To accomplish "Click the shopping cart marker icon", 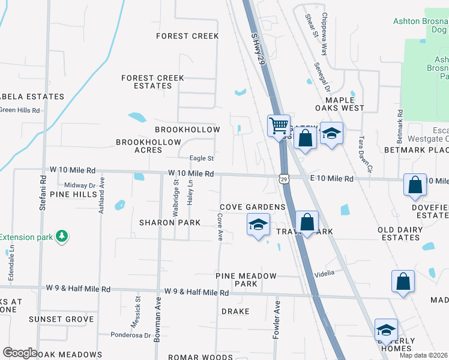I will pyautogui.click(x=279, y=126).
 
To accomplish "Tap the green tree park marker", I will pyautogui.click(x=61, y=236).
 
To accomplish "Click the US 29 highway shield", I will pyautogui.click(x=283, y=178).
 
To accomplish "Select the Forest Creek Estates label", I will pyautogui.click(x=152, y=82).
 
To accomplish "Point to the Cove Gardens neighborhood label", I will pyautogui.click(x=252, y=207).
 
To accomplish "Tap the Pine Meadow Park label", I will pyautogui.click(x=246, y=280).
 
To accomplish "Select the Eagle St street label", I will pyautogui.click(x=202, y=158).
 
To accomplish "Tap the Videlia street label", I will pyautogui.click(x=324, y=272).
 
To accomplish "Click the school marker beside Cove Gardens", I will pyautogui.click(x=258, y=226).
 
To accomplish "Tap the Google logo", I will pyautogui.click(x=20, y=353).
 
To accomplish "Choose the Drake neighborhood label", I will pyautogui.click(x=235, y=311).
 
